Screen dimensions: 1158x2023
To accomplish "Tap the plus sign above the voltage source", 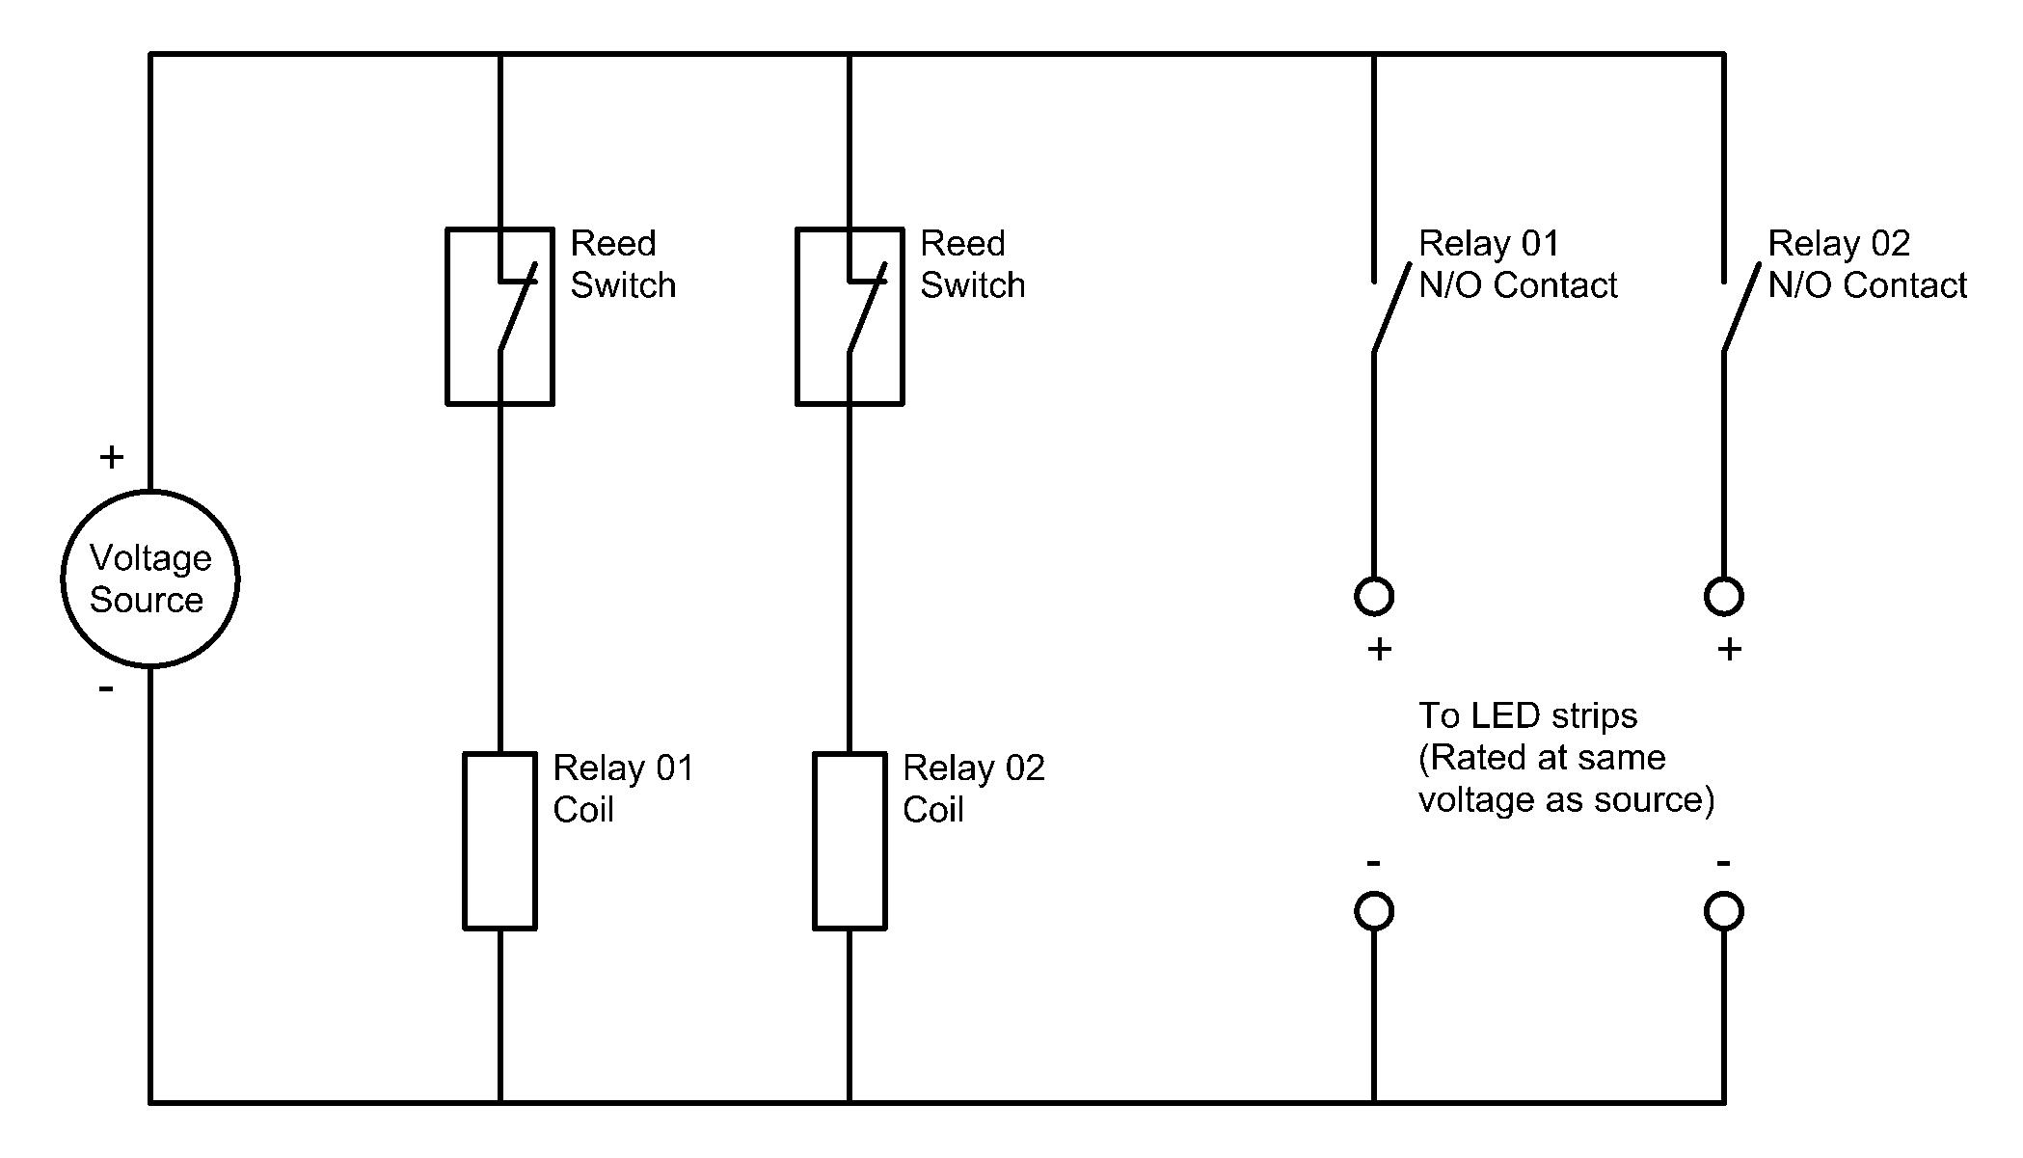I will (112, 457).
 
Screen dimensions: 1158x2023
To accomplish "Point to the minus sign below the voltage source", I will (106, 688).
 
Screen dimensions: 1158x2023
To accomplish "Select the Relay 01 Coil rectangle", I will (499, 841).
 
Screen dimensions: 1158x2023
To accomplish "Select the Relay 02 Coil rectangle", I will (850, 841).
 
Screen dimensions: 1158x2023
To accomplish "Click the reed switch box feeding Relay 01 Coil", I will (499, 316).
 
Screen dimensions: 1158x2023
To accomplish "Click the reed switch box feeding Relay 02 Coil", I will (850, 316).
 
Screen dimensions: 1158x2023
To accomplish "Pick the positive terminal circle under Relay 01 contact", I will (1374, 596).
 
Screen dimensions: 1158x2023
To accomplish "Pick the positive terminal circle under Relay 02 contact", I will (1724, 596).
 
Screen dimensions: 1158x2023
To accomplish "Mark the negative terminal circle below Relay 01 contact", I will (1374, 911).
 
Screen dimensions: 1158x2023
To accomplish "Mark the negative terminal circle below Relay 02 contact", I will (1724, 911).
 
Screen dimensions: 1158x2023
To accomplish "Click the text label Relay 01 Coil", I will (623, 789).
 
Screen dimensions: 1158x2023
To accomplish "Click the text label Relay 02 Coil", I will (973, 789).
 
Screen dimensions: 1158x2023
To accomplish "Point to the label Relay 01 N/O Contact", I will (1518, 264).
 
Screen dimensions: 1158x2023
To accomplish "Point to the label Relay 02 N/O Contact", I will (1867, 264).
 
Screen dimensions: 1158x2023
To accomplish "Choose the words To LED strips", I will (1527, 715).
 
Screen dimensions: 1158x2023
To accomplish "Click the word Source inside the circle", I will (147, 600).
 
